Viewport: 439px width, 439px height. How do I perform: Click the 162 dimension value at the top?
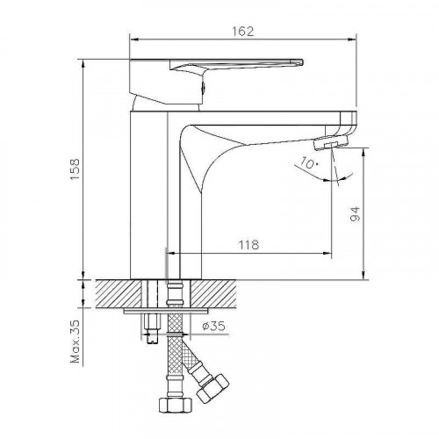(243, 32)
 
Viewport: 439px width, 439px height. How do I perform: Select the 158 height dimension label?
(76, 169)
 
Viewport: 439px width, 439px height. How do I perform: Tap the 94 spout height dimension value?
(355, 214)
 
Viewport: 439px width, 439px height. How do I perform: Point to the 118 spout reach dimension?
(249, 245)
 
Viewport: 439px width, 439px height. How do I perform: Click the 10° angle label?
(310, 162)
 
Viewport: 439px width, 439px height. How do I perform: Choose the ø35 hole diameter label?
(214, 326)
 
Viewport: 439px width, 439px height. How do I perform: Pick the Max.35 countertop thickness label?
(76, 342)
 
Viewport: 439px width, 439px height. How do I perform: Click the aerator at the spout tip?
(331, 143)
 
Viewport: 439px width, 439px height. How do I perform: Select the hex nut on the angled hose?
(212, 388)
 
